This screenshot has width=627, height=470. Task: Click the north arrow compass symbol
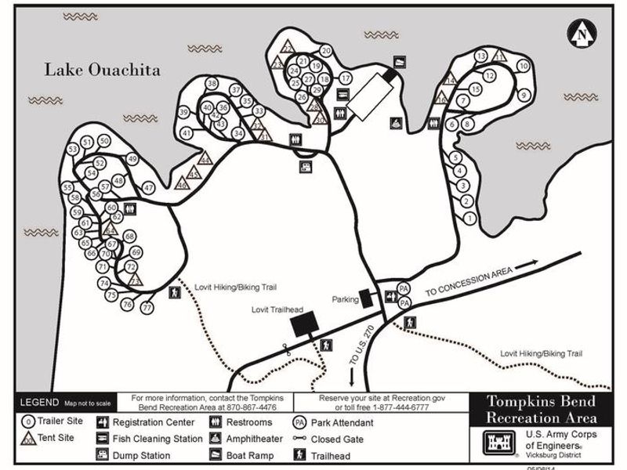tap(582, 33)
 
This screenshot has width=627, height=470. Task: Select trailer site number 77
tap(147, 308)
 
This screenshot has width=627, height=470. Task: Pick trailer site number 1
tap(470, 219)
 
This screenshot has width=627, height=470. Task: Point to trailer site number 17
tap(345, 78)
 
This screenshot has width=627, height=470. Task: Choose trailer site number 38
tap(212, 84)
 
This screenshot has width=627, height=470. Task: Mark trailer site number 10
tap(523, 67)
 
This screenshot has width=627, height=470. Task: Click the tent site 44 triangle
tap(206, 157)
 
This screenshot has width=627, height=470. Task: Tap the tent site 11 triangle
tap(499, 56)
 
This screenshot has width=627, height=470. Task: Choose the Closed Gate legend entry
tap(337, 439)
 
